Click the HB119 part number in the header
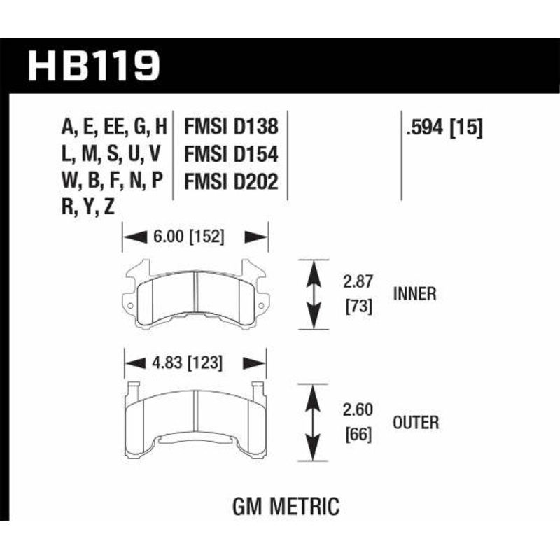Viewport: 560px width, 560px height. coord(94,66)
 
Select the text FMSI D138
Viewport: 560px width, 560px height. coord(231,127)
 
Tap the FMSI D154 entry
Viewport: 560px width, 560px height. coord(231,154)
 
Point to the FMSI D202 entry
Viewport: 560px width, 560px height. coord(231,181)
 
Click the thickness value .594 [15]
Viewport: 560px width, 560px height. coord(444,127)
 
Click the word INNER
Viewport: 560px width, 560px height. coord(414,294)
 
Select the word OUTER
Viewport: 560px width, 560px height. coord(415,422)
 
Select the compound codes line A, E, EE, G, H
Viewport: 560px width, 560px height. coord(114,127)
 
